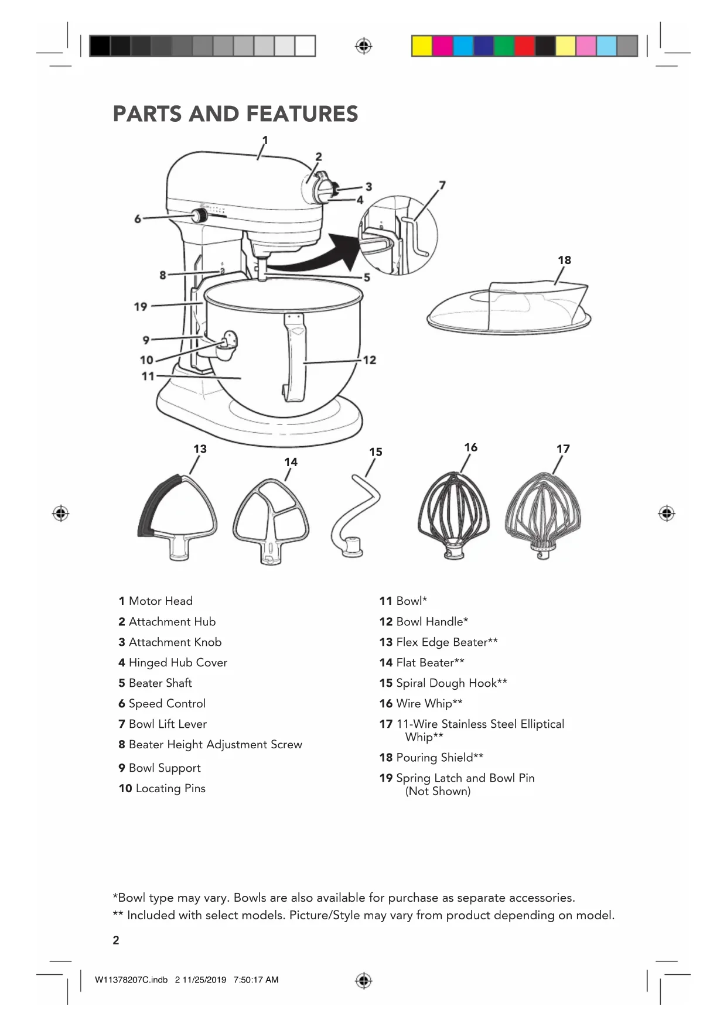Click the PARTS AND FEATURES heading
point(235,114)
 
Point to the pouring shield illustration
point(508,307)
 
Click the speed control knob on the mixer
point(200,215)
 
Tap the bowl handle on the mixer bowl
point(295,357)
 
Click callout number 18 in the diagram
point(564,260)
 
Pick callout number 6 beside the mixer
point(138,218)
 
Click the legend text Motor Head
point(161,601)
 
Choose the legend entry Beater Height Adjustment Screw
point(215,744)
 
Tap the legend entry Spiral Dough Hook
point(451,683)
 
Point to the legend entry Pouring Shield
point(439,757)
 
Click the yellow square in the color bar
point(422,46)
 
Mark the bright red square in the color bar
point(524,46)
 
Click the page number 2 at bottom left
point(116,940)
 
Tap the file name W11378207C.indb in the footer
point(131,980)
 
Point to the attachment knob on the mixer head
point(335,189)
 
